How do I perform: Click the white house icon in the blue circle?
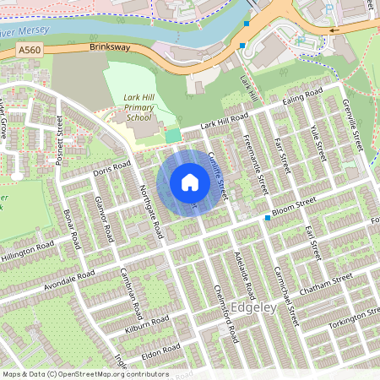(x=190, y=182)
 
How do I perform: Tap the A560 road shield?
(x=28, y=52)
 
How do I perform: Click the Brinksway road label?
(x=110, y=48)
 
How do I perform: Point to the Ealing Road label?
(x=303, y=95)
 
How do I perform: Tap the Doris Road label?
(x=114, y=166)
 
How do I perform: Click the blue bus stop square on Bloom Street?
(x=268, y=219)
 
